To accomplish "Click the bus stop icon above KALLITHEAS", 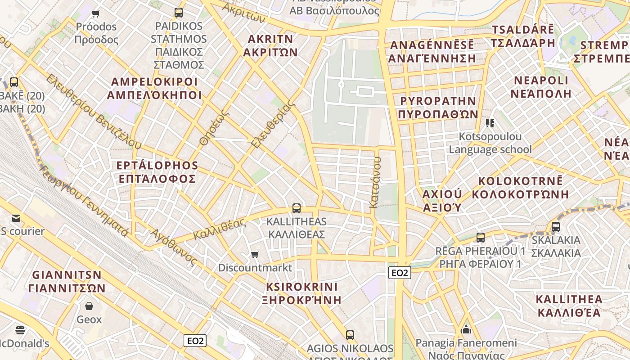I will coord(296,208).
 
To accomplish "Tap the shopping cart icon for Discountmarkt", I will coord(255,255).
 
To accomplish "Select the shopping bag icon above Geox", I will coord(89,306).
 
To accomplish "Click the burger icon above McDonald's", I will coord(20,330).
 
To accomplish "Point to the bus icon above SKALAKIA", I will coord(556,227).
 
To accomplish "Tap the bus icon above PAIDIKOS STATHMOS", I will coord(179,13).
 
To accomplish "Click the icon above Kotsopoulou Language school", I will coord(490,123).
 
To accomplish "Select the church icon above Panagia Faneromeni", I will coord(466,330).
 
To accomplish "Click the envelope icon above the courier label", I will coord(16,219).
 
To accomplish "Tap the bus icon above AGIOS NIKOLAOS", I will coord(350,335).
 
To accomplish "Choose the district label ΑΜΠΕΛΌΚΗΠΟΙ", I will coord(154,95).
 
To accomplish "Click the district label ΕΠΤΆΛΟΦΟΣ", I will coord(157,179).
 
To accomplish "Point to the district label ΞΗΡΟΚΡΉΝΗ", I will coord(301,300).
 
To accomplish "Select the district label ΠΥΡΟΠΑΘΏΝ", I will coord(438,114).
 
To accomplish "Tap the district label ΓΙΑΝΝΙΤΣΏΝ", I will coord(67,288).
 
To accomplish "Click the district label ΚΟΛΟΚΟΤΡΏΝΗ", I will coord(520,194).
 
